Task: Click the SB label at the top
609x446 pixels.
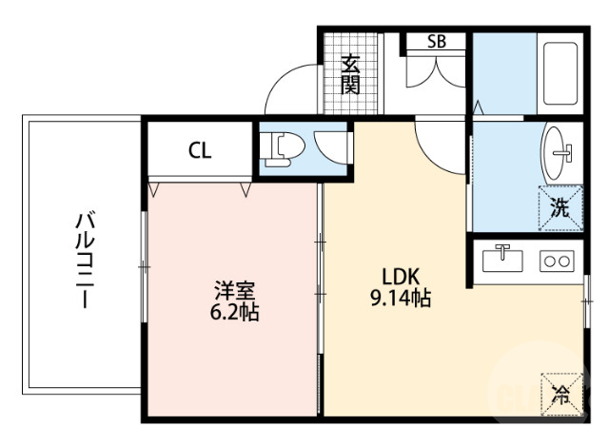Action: coord(436,41)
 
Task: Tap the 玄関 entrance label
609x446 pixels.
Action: coord(351,75)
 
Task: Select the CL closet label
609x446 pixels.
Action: coord(199,150)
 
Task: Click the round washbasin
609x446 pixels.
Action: coord(560,149)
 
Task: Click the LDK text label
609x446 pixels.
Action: coord(401,277)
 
